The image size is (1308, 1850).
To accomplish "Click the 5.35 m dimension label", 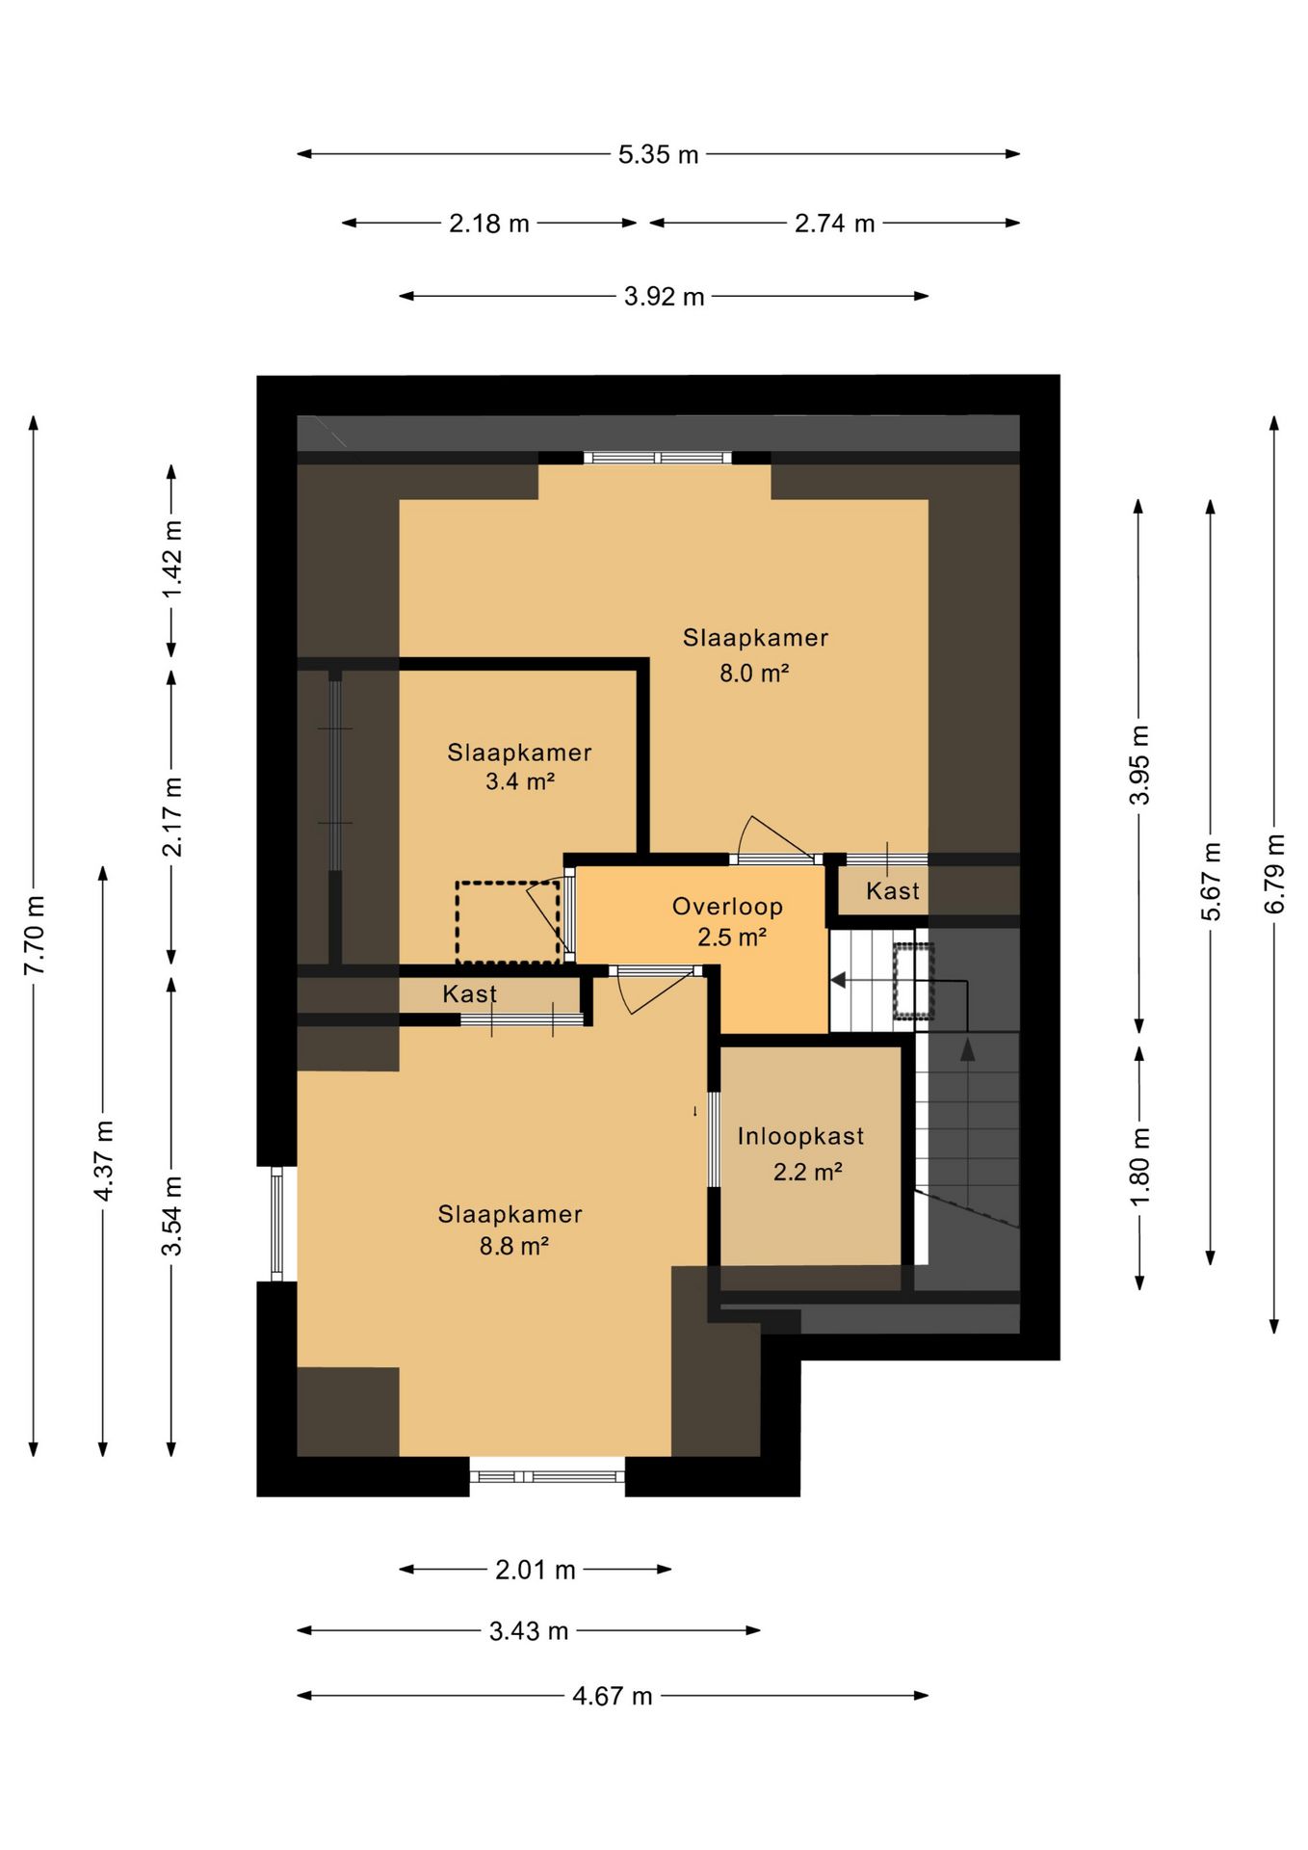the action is click(658, 154).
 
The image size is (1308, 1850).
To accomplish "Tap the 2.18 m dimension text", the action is click(489, 224).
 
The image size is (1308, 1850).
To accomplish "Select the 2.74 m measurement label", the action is click(834, 224).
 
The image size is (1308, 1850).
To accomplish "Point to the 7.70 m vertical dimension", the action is click(35, 936).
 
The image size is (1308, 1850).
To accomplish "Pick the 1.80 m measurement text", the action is click(1139, 1166).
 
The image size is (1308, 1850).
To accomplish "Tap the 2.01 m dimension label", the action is click(536, 1570).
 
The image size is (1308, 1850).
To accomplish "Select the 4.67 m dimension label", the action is click(613, 1695).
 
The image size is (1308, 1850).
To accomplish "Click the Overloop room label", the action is click(727, 907).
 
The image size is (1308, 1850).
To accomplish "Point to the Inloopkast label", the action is click(800, 1137).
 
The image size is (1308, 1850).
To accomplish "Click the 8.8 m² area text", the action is click(514, 1246).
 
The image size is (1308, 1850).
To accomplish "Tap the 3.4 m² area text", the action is click(520, 781).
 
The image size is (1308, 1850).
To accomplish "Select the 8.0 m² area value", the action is click(754, 673).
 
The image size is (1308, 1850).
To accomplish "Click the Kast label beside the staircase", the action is click(893, 891).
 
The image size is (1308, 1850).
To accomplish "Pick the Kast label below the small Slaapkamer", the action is click(470, 993).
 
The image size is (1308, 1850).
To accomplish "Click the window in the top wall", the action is click(658, 458).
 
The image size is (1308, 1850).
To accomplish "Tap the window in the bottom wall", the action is click(547, 1476).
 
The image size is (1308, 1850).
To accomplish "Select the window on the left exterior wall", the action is click(277, 1224).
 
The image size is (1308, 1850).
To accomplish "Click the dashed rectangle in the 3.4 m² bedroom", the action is click(508, 922).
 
